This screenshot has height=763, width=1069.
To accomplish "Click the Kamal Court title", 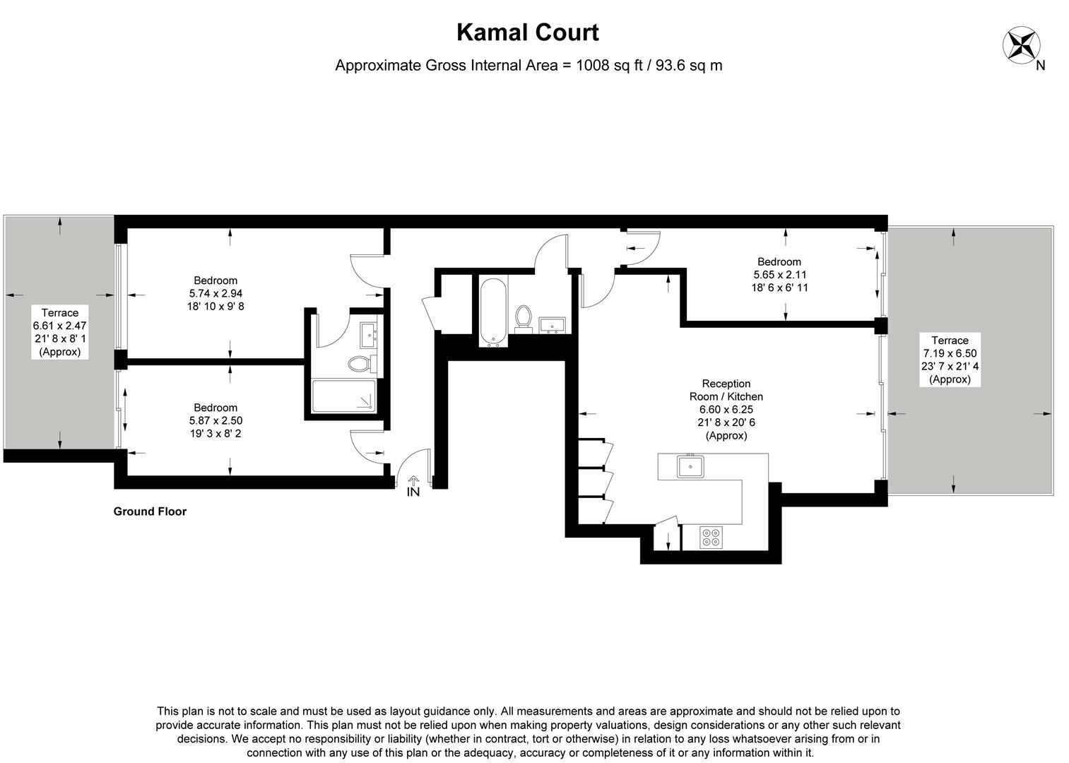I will (x=527, y=32).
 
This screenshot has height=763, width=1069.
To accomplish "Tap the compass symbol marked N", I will (x=1020, y=45).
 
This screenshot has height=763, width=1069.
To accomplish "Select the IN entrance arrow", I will (x=413, y=486).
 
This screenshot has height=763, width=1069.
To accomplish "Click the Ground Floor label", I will (x=150, y=511).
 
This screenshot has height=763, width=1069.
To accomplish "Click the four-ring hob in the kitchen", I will (x=711, y=537).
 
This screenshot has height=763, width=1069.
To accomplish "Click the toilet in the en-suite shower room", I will (x=360, y=365).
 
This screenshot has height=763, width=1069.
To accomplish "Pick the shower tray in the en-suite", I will (x=345, y=398).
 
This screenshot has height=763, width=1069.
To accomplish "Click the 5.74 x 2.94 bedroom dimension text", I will (x=216, y=293).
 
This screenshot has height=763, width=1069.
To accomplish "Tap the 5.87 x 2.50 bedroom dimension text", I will (x=215, y=420).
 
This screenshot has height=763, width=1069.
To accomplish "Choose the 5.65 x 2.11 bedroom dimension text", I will (x=779, y=275).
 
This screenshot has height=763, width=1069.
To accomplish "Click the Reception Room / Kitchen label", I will (x=726, y=390).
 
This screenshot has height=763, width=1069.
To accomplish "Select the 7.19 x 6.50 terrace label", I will (x=950, y=353).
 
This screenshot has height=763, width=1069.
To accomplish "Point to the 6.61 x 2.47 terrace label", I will (x=60, y=326).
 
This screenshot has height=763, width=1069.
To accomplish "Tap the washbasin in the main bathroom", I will (x=551, y=324).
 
